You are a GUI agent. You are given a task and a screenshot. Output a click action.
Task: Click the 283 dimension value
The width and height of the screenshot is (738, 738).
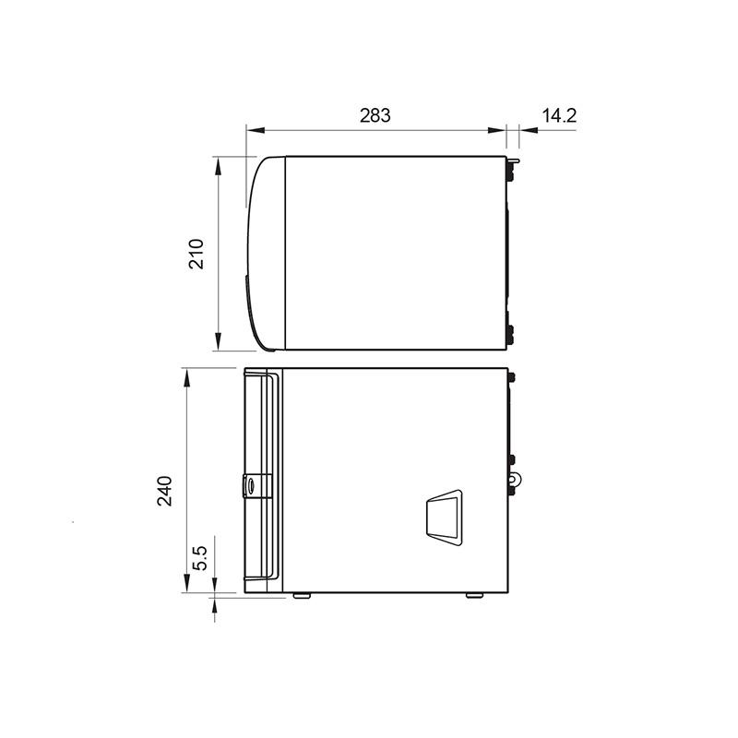coord(375,115)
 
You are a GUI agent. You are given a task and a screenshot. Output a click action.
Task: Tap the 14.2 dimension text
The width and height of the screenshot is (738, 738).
coord(559,115)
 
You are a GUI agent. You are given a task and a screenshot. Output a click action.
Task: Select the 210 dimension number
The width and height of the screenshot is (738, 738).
coord(196,255)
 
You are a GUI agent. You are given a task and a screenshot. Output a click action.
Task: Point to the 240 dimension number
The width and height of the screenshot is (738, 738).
coord(165,491)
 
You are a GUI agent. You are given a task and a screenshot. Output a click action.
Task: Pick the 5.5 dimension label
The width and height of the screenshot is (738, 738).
coord(200,558)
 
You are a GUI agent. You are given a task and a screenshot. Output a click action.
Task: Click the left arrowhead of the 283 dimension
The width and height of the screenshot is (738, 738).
coord(256,130)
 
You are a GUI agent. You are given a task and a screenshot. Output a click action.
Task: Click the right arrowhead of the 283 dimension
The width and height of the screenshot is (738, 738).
coord(497,130)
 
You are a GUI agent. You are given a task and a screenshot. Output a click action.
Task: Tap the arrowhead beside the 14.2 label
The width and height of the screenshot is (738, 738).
coord(528,130)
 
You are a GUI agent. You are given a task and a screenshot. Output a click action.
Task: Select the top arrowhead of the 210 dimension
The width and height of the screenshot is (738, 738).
coord(218,166)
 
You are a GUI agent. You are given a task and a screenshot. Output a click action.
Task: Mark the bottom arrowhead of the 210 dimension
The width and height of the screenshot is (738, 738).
coord(218,340)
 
